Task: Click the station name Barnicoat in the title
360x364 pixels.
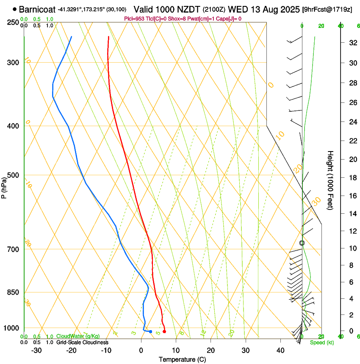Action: [37, 8]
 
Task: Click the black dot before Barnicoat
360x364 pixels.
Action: [15, 8]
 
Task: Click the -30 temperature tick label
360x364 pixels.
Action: [36, 350]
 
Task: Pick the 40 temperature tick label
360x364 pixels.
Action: [280, 350]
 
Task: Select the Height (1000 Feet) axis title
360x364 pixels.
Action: [330, 180]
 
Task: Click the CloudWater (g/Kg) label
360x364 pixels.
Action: [78, 336]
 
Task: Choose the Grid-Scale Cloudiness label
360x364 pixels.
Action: [82, 342]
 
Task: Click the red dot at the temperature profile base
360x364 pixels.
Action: [164, 331]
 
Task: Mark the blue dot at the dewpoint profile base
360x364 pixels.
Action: [150, 331]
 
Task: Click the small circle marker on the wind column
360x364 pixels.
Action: [302, 243]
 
